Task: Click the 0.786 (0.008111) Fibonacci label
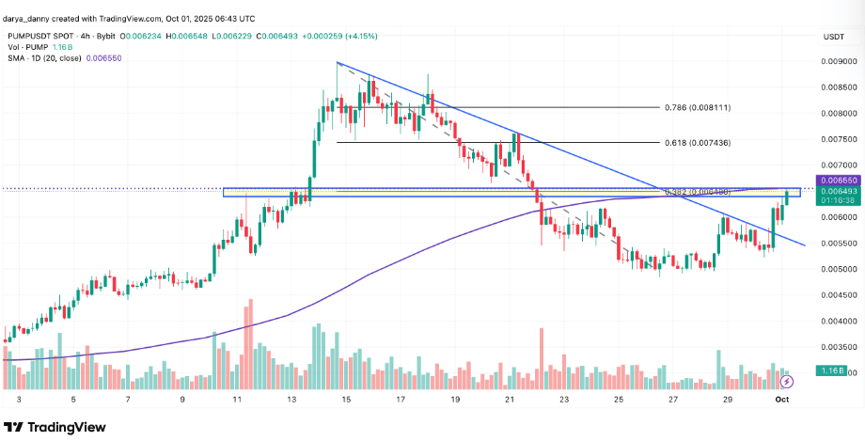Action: coord(698,108)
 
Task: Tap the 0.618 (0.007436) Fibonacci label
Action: coord(698,143)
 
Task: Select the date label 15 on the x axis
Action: coord(347,400)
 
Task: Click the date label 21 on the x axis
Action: coord(510,400)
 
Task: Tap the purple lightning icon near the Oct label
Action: coord(787,381)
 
